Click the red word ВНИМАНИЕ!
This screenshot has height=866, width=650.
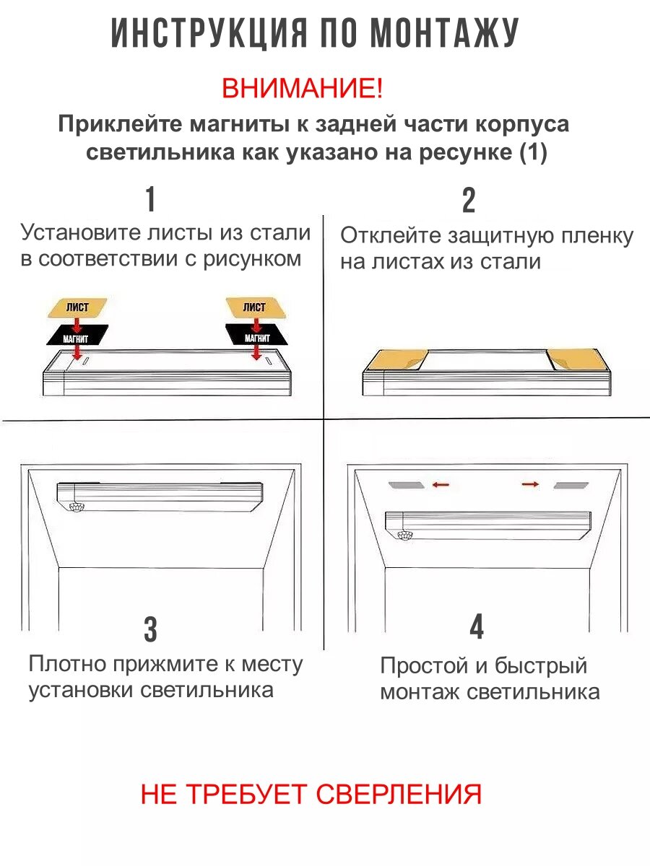[302, 89]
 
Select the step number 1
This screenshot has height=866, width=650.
[150, 200]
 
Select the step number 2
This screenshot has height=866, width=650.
[469, 201]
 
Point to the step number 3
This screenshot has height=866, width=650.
[150, 629]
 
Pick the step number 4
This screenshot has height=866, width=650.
[477, 626]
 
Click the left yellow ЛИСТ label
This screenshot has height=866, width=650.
[77, 307]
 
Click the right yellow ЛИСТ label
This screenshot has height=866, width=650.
[254, 307]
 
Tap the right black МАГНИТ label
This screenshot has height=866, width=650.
[256, 336]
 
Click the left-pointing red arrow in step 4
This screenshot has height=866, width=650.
[441, 486]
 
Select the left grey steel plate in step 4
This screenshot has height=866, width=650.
[407, 486]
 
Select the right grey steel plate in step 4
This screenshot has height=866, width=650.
[571, 486]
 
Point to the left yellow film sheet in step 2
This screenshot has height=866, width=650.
[396, 359]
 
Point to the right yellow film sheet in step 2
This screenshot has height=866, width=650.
[576, 358]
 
